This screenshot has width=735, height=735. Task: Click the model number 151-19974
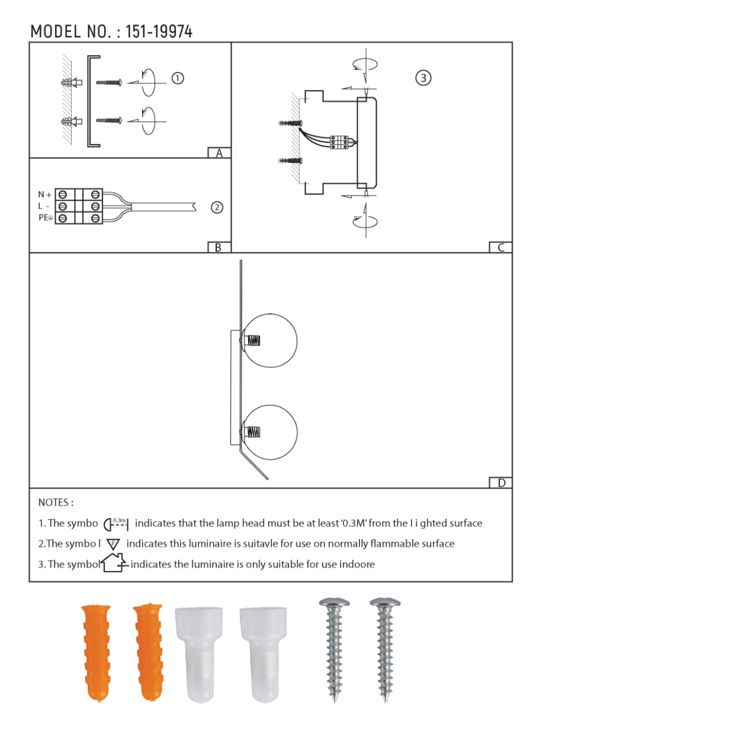click(159, 32)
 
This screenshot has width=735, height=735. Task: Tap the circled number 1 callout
click(178, 78)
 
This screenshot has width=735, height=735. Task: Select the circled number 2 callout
click(217, 208)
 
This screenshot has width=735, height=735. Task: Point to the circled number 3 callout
click(423, 78)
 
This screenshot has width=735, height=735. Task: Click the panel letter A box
click(219, 153)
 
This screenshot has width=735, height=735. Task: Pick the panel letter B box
click(219, 247)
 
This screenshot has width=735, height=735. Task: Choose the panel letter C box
click(500, 247)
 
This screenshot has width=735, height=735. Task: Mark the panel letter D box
click(501, 483)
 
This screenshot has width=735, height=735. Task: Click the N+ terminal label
click(45, 195)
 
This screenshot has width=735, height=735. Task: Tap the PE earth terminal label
click(45, 218)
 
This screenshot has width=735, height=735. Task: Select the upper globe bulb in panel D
click(271, 341)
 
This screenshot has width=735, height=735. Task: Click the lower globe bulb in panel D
click(271, 432)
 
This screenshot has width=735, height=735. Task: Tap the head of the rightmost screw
click(385, 605)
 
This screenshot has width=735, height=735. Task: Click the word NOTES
click(56, 503)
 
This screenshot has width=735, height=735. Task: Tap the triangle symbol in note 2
click(113, 544)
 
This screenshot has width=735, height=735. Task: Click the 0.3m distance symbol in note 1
click(116, 524)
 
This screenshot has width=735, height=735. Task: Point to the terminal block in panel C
click(339, 142)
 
